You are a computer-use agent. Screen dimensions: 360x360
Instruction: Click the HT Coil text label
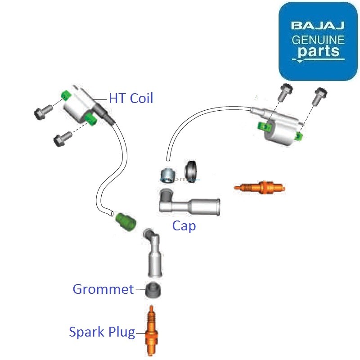[130, 98]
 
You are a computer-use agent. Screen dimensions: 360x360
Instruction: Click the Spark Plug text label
[102, 332]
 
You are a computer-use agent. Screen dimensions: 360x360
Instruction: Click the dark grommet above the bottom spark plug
[153, 291]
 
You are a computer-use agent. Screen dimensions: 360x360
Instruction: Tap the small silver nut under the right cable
[168, 173]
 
